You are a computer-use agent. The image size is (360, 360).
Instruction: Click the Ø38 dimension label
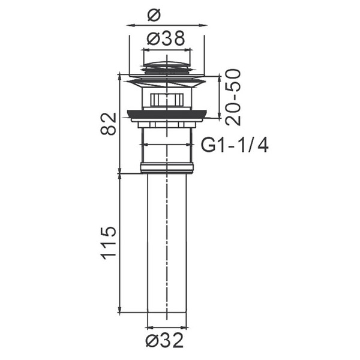[x=166, y=38]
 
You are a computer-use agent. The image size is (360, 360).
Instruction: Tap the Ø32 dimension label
[x=164, y=340]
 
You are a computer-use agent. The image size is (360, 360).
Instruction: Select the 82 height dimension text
[x=109, y=124]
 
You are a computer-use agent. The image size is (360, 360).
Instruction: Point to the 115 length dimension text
[x=109, y=243]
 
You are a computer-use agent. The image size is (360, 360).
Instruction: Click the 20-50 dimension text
[x=233, y=97]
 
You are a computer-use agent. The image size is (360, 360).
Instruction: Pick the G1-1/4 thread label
[x=235, y=145]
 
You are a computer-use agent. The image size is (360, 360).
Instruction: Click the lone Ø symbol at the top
[x=154, y=15]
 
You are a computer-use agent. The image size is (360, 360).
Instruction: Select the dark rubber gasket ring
[x=167, y=114]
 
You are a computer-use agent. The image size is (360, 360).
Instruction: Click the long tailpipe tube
[x=167, y=242]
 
